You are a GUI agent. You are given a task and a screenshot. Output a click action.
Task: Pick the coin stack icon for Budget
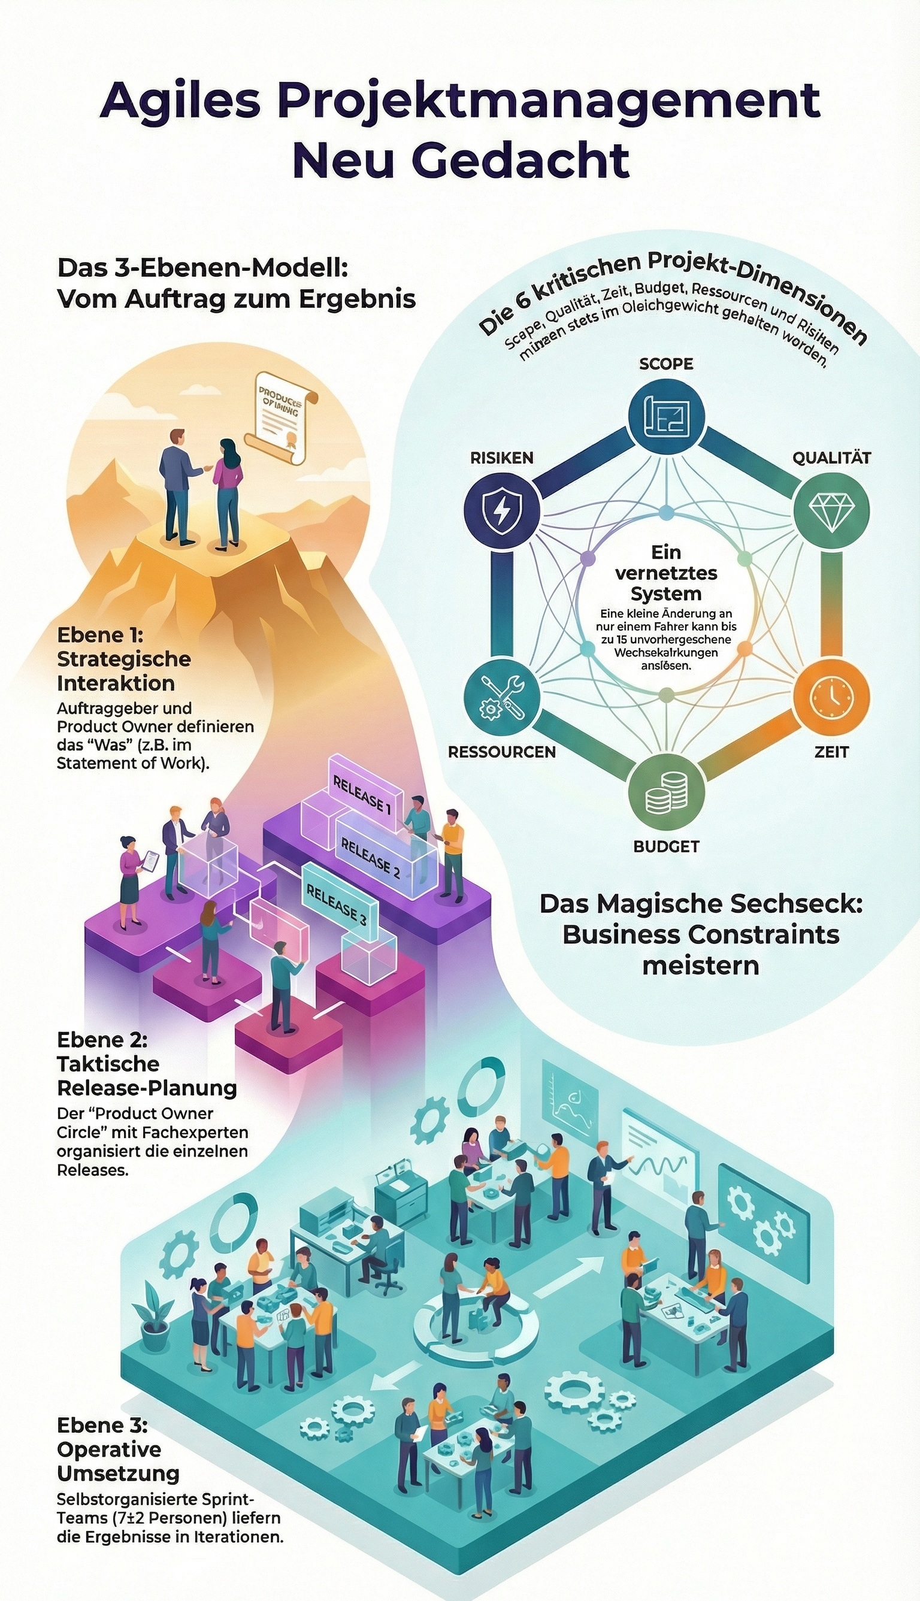(x=666, y=792)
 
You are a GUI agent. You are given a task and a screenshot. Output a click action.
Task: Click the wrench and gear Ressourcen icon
(x=502, y=698)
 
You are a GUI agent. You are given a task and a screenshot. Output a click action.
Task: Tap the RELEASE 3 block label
(x=337, y=904)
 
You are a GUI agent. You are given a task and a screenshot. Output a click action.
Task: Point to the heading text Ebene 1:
(x=101, y=634)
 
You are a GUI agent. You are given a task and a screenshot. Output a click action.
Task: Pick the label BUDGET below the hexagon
(x=666, y=847)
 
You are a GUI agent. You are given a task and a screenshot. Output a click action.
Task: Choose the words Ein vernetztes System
(x=666, y=573)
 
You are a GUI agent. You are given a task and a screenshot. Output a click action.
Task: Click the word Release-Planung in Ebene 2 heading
(x=147, y=1088)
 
